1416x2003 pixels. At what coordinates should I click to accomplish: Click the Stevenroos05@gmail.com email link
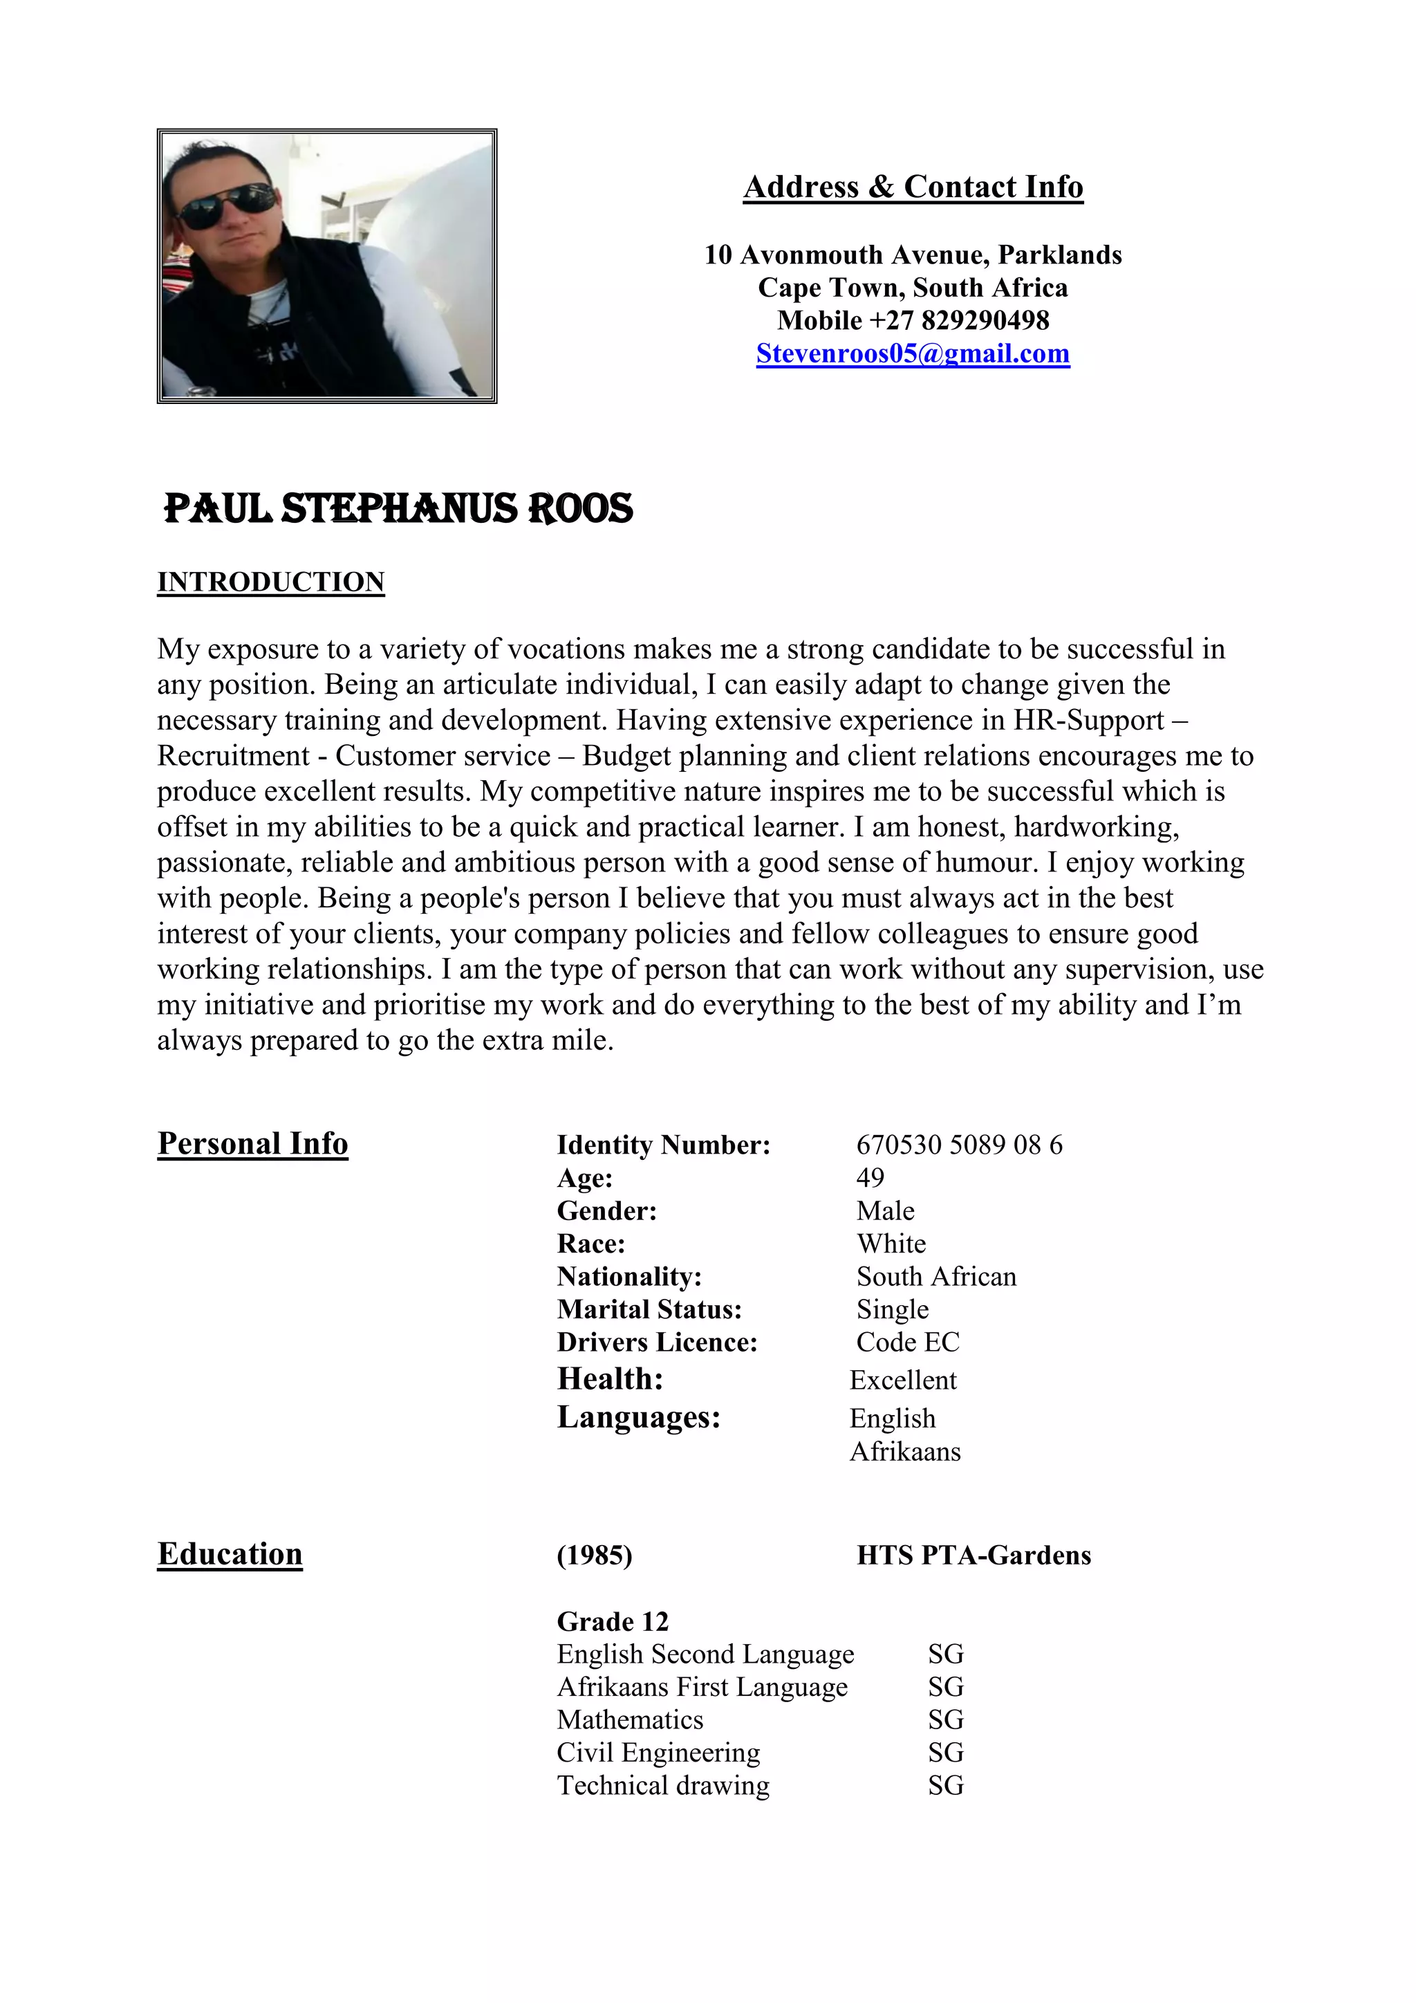coord(913,353)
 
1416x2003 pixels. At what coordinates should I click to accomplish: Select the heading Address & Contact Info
coord(913,187)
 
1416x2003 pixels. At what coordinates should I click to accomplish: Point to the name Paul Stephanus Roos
coord(398,508)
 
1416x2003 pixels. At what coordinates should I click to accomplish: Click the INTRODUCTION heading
coord(270,582)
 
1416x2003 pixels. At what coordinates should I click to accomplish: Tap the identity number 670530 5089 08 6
coord(959,1145)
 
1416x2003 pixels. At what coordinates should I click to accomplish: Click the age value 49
coord(870,1178)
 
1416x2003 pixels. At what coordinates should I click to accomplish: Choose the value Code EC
coord(908,1342)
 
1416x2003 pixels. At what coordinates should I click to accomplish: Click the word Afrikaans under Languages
coord(905,1452)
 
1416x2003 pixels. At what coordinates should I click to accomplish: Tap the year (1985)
coord(595,1556)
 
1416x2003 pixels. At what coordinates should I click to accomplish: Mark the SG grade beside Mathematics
coord(946,1719)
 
